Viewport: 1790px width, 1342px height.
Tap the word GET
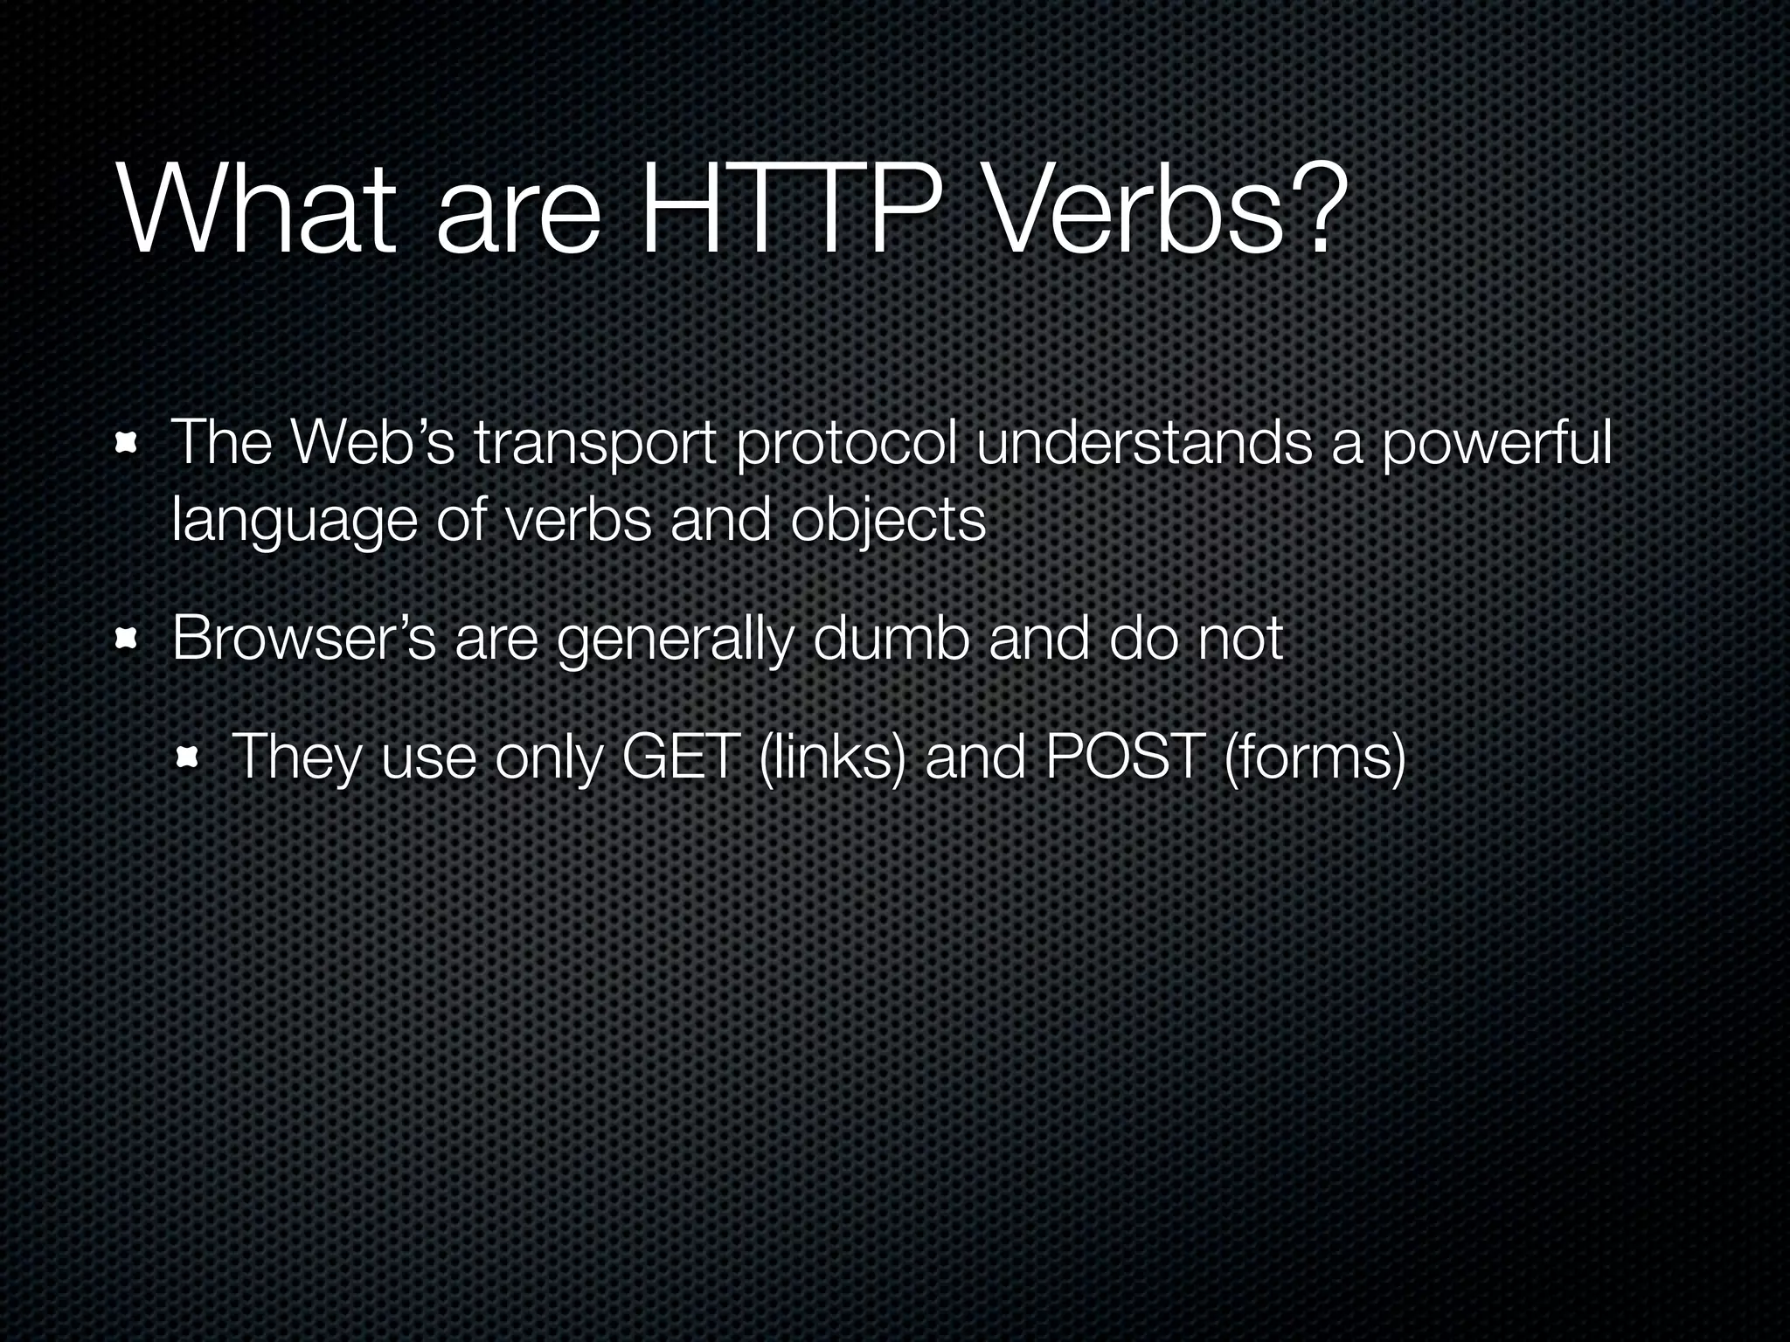(676, 757)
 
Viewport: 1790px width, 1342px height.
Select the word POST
(1124, 757)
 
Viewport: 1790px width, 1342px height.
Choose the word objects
(888, 522)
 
